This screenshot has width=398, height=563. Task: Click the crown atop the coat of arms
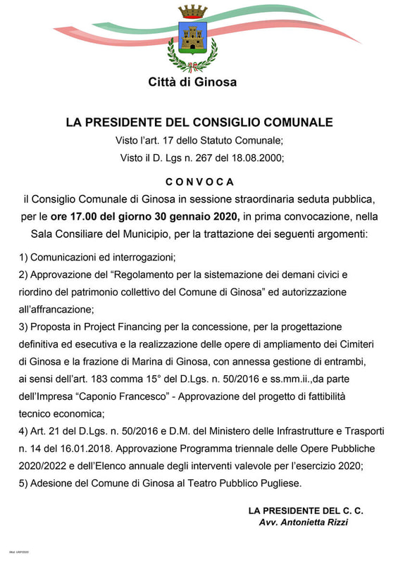[192, 12]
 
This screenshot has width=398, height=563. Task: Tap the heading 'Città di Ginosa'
[192, 82]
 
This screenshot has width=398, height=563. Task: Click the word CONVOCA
[199, 181]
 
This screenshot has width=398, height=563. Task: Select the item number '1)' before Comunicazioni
[25, 257]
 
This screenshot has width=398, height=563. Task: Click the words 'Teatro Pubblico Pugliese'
[240, 483]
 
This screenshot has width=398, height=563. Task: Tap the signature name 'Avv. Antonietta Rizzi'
[304, 522]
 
